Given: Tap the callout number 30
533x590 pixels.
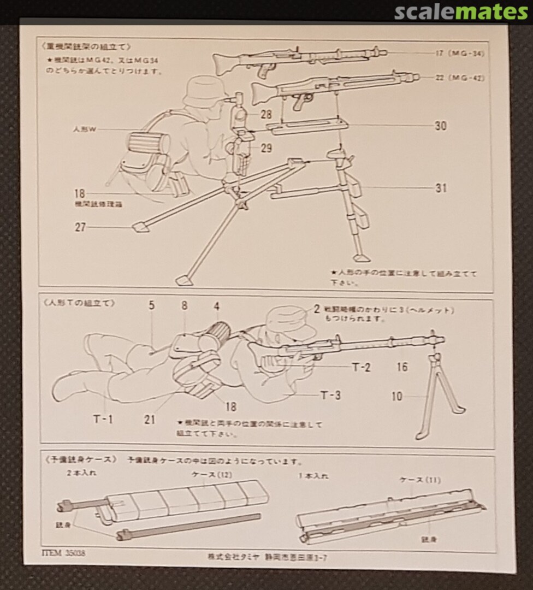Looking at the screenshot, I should (441, 126).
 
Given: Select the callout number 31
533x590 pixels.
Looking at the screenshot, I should (441, 188).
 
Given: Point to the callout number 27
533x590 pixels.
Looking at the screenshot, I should (80, 227).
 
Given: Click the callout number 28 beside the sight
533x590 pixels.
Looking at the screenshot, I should (266, 115).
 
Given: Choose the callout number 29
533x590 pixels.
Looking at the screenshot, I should (266, 148).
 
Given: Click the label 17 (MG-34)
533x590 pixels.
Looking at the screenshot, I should (460, 53).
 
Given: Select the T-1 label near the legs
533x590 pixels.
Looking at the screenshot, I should (103, 419).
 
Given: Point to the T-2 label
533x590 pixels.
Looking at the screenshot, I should (362, 367).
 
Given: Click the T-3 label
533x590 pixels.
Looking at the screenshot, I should (330, 394).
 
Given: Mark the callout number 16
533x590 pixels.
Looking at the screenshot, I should (402, 367).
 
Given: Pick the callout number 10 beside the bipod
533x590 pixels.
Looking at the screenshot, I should (397, 396).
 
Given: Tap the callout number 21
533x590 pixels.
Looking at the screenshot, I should (150, 420).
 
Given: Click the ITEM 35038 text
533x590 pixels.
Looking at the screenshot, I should (63, 552).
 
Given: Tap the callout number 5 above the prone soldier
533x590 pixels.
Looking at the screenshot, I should (151, 305).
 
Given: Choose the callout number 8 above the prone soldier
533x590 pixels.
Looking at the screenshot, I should (185, 305).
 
